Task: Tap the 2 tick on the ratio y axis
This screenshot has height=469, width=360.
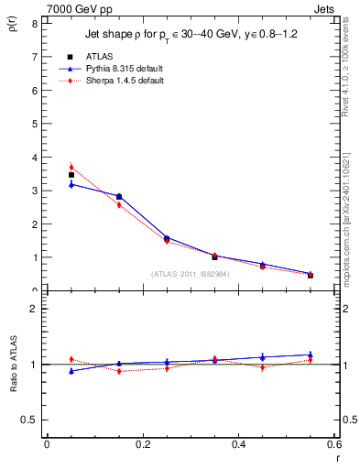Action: pyautogui.click(x=33, y=309)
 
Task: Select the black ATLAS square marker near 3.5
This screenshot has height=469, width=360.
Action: pyautogui.click(x=71, y=174)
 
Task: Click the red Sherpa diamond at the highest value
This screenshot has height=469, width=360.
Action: pyautogui.click(x=71, y=167)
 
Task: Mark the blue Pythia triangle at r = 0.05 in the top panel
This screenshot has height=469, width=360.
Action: pyautogui.click(x=71, y=184)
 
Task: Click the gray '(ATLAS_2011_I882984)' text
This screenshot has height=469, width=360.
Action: pyautogui.click(x=190, y=273)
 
